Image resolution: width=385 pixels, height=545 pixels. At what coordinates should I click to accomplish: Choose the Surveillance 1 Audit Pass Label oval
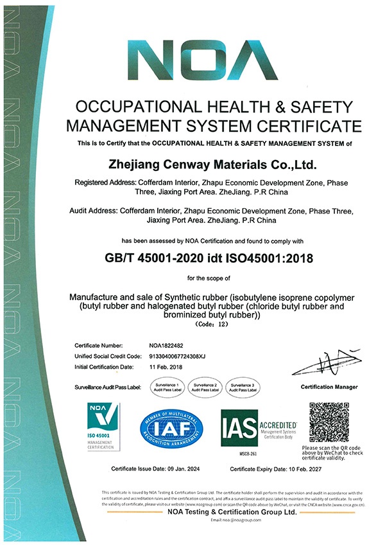pyautogui.click(x=166, y=387)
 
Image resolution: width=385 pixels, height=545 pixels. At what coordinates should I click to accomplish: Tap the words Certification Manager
pyautogui.click(x=329, y=387)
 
